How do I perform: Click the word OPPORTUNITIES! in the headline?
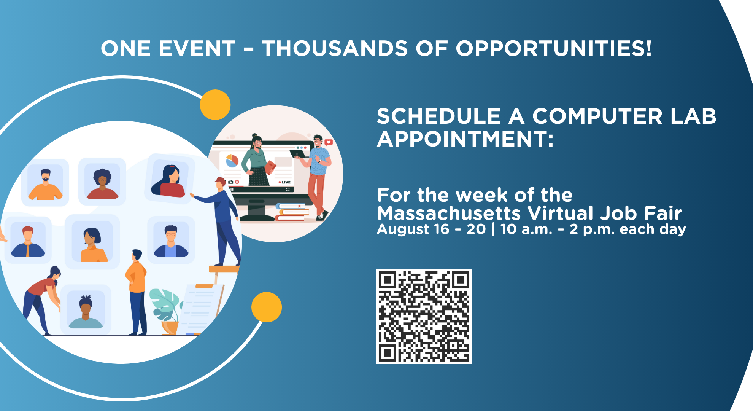coord(554,49)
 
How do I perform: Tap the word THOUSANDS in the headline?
coord(335,49)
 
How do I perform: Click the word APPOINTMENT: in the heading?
coord(465,139)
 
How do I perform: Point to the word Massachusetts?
coord(448,213)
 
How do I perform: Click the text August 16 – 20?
coord(431,229)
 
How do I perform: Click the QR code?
coord(424,316)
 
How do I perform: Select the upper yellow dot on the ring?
coord(215,105)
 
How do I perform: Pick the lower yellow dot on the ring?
coord(267,307)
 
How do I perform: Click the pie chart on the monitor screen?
coord(232,161)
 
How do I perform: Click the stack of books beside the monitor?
coord(291,212)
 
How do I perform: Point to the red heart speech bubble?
coord(329,142)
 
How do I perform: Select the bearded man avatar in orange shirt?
coord(45,184)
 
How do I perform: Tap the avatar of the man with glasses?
coord(171,241)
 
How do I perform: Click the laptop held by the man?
coord(300,153)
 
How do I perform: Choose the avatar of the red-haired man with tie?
coord(28,242)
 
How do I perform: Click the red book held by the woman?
coord(270,167)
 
